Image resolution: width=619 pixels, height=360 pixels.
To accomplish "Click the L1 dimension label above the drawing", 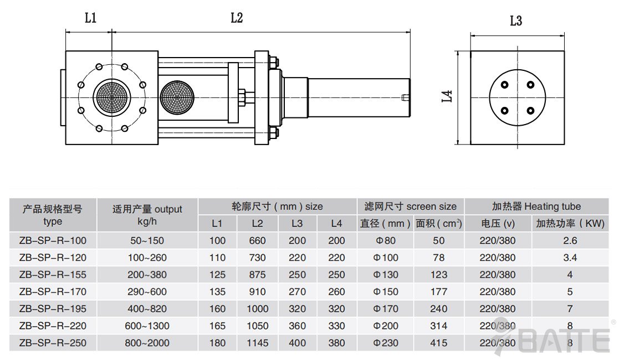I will pos(90,18).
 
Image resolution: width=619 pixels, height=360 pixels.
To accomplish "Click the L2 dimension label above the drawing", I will pos(237,18).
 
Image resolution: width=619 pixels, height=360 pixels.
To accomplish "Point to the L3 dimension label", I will pos(516,21).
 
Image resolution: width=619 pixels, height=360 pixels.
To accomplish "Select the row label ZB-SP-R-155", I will pos(53,275).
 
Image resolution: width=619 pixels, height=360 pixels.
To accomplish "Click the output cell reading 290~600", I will pos(147,292).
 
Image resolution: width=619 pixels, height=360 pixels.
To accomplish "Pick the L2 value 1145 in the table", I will pos(257,343).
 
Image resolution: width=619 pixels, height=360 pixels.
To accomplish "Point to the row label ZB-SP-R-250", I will pos(53,343).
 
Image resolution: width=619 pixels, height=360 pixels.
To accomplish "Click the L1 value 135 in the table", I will pos(218,292).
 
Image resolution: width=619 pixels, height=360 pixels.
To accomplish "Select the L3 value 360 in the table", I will pos(297,326).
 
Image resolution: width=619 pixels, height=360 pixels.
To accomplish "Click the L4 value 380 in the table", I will pos(336,343).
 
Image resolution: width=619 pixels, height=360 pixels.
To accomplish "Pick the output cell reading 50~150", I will pos(147,240).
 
